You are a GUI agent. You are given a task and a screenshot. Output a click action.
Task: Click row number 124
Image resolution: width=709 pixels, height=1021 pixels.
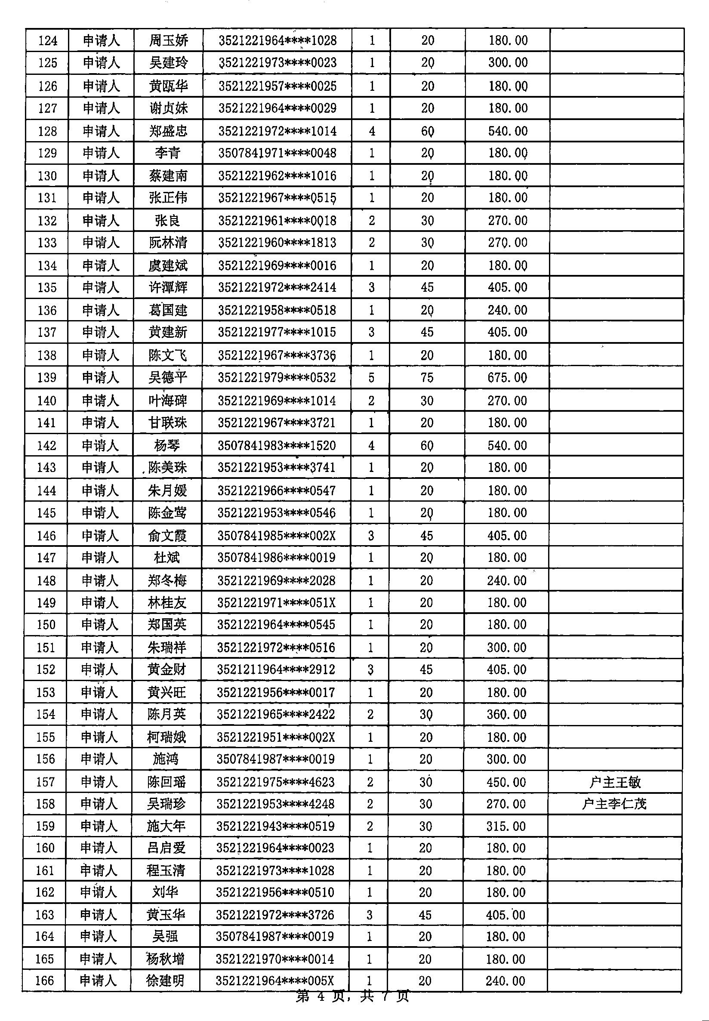click(47, 41)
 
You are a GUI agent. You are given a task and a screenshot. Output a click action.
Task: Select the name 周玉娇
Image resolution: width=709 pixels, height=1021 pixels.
click(168, 41)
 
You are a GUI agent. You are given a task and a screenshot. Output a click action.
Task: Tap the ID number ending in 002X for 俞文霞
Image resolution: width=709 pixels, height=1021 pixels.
click(276, 536)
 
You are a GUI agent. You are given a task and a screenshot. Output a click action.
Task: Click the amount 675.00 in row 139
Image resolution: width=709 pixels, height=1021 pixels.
click(507, 378)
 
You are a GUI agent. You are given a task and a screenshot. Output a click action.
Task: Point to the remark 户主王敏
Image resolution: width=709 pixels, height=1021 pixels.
click(615, 782)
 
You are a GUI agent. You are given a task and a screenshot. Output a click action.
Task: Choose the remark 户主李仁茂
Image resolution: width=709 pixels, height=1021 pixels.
click(614, 804)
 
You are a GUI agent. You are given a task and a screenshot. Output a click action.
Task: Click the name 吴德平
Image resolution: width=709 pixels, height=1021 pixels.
click(167, 378)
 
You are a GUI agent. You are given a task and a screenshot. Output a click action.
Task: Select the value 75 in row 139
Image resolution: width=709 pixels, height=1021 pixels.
click(427, 378)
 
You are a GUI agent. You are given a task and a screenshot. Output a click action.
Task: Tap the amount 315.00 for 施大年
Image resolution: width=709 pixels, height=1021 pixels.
click(506, 827)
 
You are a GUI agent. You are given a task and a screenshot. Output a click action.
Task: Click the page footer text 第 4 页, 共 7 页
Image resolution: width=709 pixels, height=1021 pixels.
click(352, 996)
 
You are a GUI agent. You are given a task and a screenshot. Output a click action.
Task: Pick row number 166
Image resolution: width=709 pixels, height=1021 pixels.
click(44, 981)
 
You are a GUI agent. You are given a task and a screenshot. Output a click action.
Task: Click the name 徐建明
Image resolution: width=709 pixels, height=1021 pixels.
click(165, 981)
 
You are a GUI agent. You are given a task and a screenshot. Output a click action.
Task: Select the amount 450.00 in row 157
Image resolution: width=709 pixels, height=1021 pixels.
click(506, 782)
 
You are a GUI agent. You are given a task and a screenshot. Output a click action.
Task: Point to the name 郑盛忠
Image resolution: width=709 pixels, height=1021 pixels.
click(168, 131)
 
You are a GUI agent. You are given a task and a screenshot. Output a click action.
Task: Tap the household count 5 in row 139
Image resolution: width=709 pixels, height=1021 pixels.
click(371, 378)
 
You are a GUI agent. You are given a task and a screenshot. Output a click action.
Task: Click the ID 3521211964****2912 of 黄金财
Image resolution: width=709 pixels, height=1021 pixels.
click(276, 669)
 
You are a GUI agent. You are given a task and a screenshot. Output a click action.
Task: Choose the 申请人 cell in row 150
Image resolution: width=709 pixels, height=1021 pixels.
click(99, 625)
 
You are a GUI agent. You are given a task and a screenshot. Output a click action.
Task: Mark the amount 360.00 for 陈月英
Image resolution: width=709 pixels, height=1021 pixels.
click(506, 714)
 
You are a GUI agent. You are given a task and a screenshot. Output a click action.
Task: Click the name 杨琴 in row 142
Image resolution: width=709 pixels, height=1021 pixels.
click(167, 446)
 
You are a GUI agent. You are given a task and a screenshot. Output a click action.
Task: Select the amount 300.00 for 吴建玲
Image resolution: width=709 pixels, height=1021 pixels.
click(508, 63)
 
